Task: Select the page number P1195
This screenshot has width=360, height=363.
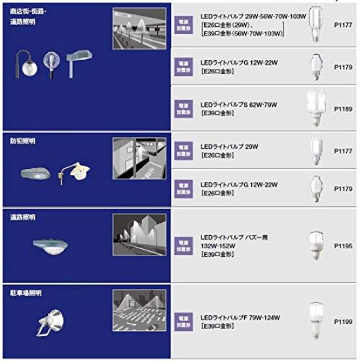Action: coord(342,245)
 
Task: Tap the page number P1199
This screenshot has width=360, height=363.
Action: coord(342,322)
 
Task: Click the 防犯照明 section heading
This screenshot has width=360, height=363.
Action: coord(24,141)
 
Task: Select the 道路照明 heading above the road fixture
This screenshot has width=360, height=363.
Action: coord(24,217)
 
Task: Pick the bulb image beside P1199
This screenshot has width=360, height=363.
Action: coord(316,322)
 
